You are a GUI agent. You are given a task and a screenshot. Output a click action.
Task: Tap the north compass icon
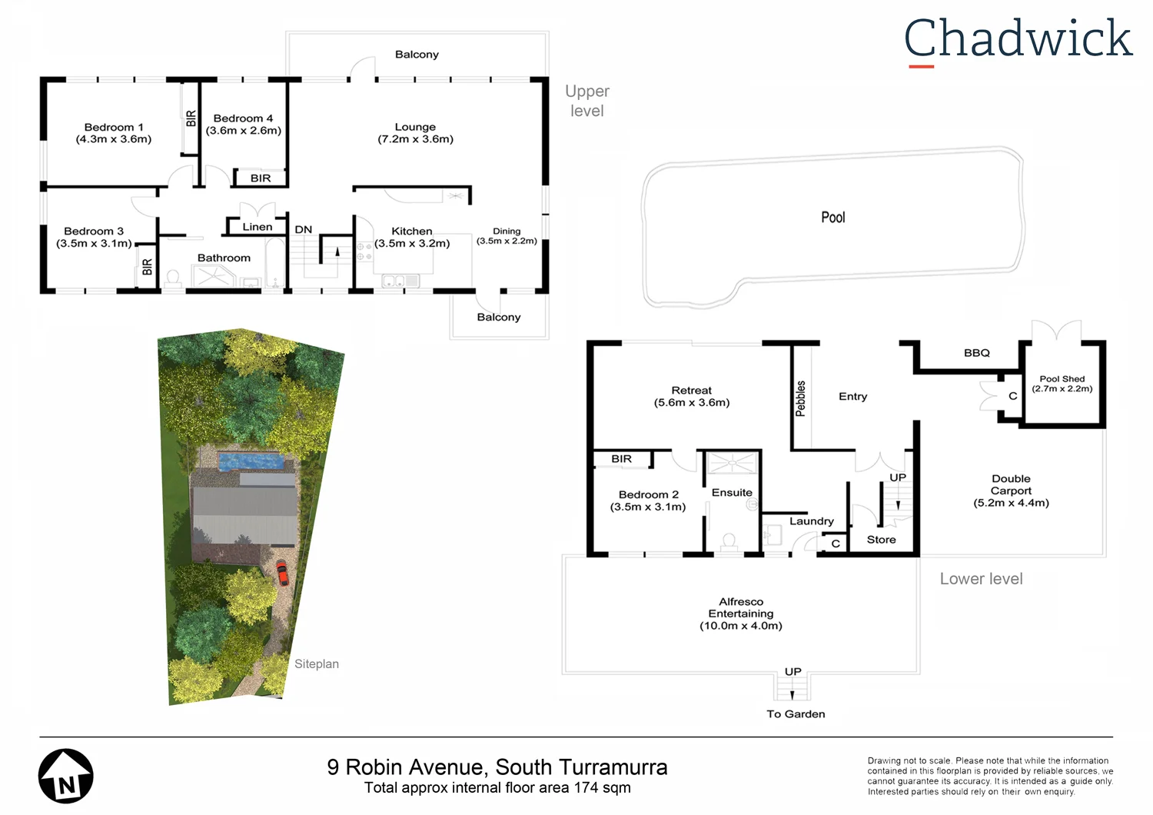click(66, 777)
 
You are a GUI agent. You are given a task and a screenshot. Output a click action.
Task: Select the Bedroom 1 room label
click(114, 128)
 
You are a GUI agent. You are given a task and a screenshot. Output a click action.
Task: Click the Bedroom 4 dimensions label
click(243, 131)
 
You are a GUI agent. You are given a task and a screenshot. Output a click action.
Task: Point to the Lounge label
click(415, 127)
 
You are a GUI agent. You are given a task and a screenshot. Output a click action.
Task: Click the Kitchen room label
click(412, 231)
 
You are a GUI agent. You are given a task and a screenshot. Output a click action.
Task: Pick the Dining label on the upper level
click(507, 231)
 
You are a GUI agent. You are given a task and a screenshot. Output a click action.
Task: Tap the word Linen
click(258, 227)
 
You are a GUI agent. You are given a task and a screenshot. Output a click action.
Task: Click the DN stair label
click(304, 229)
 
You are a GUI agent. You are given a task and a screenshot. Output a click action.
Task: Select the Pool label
click(832, 218)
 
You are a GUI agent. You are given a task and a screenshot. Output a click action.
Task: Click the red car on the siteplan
click(282, 572)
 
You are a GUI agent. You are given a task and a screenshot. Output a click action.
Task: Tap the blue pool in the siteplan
click(251, 461)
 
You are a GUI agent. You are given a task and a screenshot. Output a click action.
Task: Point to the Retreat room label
click(691, 391)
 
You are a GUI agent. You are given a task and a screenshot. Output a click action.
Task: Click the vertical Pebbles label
click(800, 398)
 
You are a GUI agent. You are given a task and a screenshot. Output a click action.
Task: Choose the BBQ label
click(977, 353)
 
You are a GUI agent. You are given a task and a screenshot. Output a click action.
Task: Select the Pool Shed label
click(1062, 379)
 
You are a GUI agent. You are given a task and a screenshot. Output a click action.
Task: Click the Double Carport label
click(1011, 484)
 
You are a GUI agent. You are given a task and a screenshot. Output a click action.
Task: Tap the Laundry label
click(811, 521)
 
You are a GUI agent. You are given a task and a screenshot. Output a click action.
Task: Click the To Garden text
click(796, 714)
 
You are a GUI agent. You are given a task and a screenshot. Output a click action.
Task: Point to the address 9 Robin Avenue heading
click(497, 767)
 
